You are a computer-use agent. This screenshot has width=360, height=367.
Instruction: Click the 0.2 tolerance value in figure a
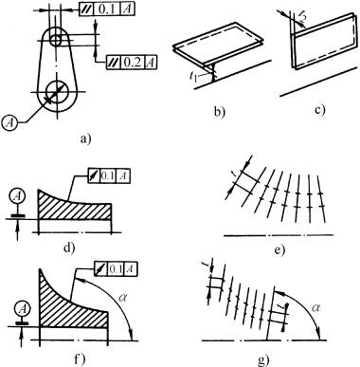pos(132,63)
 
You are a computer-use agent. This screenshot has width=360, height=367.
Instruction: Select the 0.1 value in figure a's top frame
pos(107,9)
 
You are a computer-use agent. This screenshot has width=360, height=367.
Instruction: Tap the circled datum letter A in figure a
pos(10,122)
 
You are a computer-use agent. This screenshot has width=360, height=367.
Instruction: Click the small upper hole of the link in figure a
pos(56,40)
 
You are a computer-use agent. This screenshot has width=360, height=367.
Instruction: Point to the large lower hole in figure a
pos(57,92)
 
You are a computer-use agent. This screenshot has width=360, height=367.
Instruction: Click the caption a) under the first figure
pos(85,138)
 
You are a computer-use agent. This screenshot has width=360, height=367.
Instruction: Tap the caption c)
pos(319,110)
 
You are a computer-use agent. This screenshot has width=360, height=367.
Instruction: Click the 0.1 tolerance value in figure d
pos(108,175)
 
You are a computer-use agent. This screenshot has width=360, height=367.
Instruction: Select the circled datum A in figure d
pos(18,197)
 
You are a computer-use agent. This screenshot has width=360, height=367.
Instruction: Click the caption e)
pos(279,250)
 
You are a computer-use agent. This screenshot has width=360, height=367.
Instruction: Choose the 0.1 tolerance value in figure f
pos(116,268)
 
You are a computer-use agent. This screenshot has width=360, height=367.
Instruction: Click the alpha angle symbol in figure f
pos(123,297)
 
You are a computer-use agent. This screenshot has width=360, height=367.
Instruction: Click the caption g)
pos(263,359)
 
